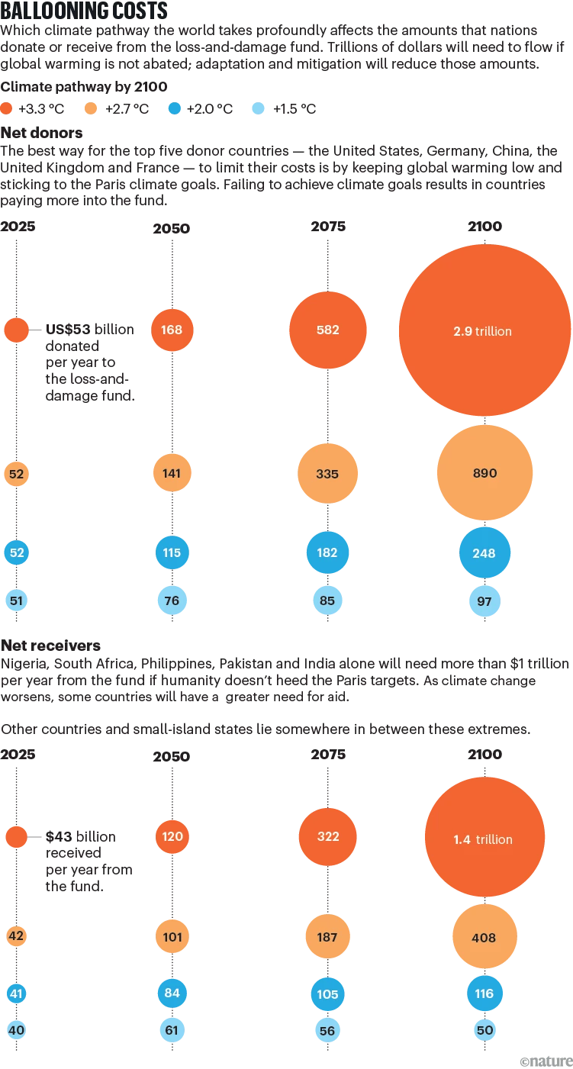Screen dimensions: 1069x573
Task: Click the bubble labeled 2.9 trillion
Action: pyautogui.click(x=484, y=330)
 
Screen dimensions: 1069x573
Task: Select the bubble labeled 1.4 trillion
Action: pyautogui.click(x=484, y=839)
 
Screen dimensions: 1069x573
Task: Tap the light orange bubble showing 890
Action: pyautogui.click(x=484, y=473)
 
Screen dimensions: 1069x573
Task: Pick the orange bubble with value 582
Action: pyautogui.click(x=327, y=330)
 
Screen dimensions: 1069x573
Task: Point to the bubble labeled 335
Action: pyautogui.click(x=327, y=474)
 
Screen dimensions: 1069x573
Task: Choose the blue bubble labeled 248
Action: pyautogui.click(x=484, y=553)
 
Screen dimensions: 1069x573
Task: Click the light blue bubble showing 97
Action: pyautogui.click(x=484, y=601)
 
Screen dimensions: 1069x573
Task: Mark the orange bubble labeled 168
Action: pyautogui.click(x=172, y=330)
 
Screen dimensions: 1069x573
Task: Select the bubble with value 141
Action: pyautogui.click(x=172, y=473)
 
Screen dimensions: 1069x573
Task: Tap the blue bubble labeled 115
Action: pyautogui.click(x=172, y=552)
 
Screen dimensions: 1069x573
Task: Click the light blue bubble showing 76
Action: pyautogui.click(x=172, y=601)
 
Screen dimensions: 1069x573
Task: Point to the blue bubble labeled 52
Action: pyautogui.click(x=16, y=552)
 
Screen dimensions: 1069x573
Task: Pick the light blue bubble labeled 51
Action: pyautogui.click(x=16, y=601)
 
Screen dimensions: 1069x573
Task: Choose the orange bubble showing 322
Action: pyautogui.click(x=327, y=836)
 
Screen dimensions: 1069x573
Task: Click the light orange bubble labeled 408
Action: pyautogui.click(x=484, y=938)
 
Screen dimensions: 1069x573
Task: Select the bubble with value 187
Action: pyautogui.click(x=327, y=936)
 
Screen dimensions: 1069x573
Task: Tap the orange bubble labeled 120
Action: pyautogui.click(x=172, y=836)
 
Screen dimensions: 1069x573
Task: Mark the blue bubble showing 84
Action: pyautogui.click(x=172, y=993)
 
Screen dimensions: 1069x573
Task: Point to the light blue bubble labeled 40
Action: pyautogui.click(x=16, y=1030)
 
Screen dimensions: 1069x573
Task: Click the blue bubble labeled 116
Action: pyautogui.click(x=484, y=993)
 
